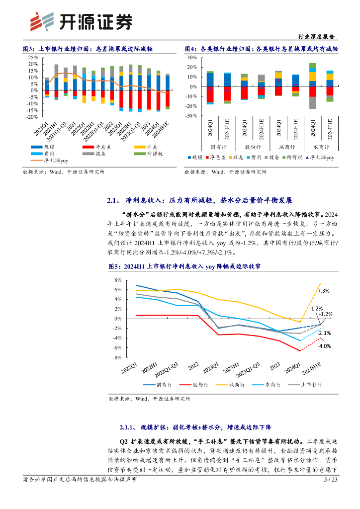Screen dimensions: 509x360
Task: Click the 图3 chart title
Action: (88, 49)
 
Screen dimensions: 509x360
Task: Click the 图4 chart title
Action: (261, 49)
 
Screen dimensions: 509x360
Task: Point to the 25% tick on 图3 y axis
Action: (32, 58)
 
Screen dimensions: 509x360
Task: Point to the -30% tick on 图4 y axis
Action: (191, 116)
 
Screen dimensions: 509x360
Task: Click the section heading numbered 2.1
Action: (199, 201)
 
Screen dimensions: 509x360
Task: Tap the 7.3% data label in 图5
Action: (323, 291)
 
